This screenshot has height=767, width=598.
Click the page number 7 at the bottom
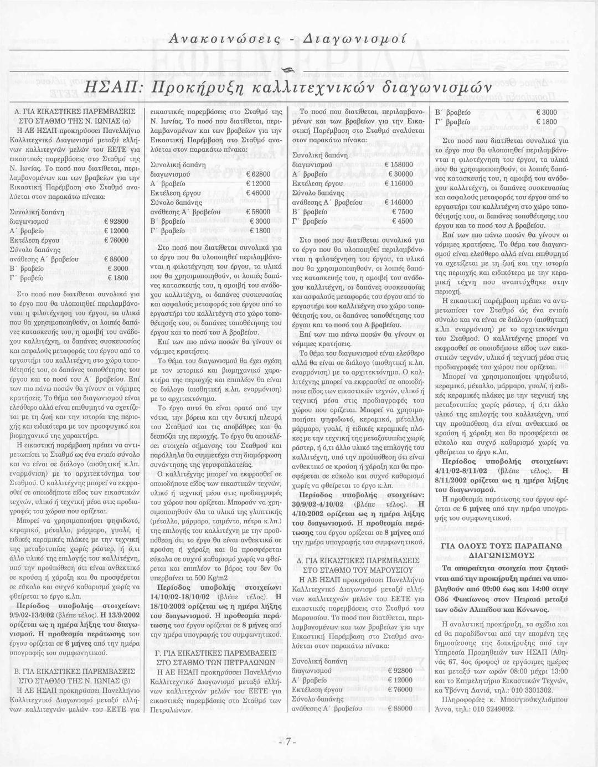coord(288,743)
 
